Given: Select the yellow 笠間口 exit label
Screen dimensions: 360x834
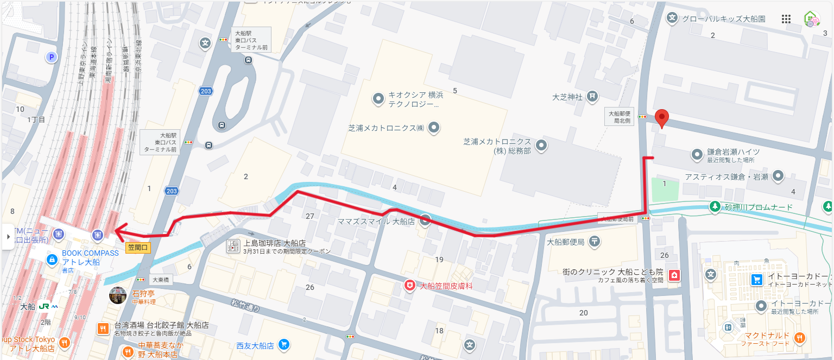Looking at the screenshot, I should point(138,248).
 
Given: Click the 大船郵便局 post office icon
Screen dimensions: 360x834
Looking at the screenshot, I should point(595,242).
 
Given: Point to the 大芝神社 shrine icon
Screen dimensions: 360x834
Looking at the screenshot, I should point(592,97).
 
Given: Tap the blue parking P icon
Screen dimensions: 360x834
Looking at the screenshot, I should point(52,56).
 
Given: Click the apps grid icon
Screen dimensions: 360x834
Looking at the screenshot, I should point(786,19).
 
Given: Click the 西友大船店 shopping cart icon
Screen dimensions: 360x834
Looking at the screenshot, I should point(283,345).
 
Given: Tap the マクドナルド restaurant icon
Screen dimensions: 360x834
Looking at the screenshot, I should point(799,338).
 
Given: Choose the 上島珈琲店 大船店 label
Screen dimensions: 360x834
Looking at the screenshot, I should point(274,243).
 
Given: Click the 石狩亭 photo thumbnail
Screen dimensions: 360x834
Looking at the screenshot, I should point(118,295).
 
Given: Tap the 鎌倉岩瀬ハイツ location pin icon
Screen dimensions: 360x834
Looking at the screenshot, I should point(697,155).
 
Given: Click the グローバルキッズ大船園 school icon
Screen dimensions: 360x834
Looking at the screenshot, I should point(673,18).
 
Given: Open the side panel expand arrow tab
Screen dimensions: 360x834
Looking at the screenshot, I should point(8,237).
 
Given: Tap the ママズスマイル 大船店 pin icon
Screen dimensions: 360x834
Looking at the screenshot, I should point(426,220).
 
